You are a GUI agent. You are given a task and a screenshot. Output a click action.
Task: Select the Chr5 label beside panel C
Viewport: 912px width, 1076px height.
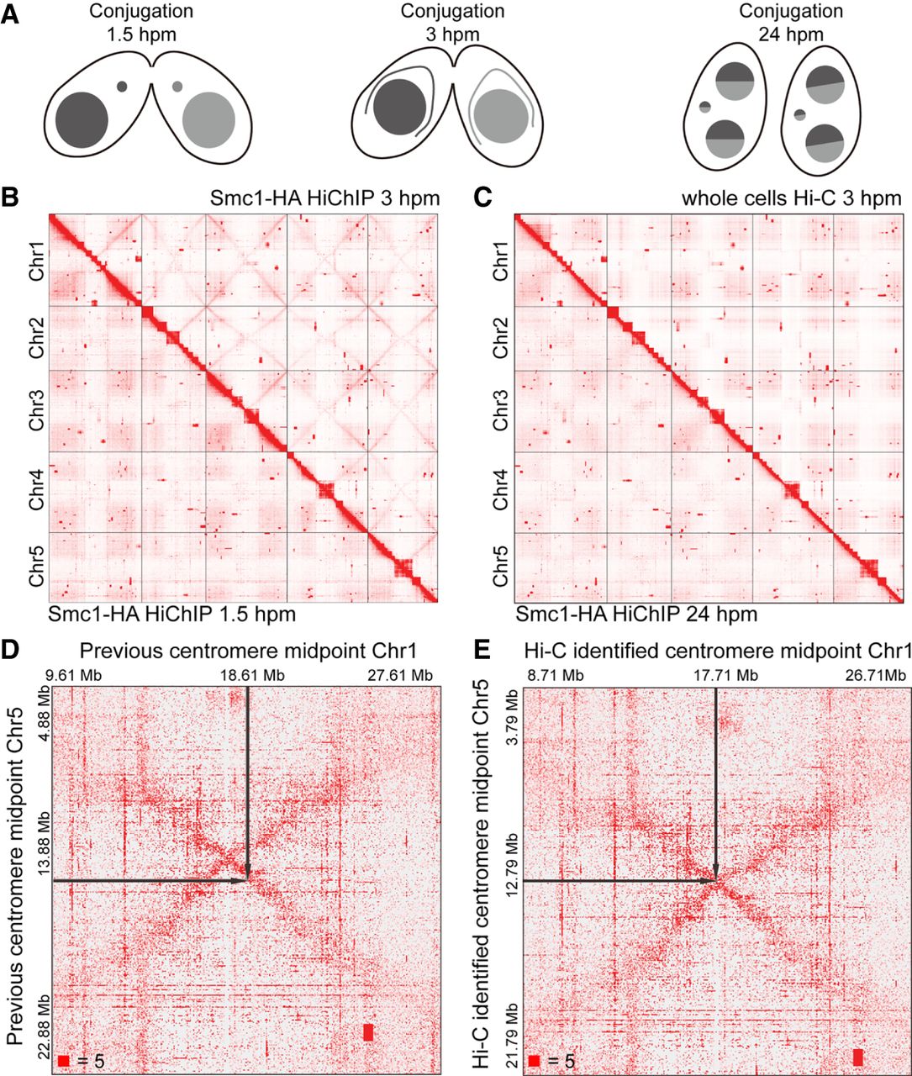coord(500,567)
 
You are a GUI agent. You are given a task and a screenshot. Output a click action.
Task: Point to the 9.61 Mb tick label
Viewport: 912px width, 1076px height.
coord(74,674)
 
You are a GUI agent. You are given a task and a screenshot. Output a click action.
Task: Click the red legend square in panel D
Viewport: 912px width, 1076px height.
coord(65,1062)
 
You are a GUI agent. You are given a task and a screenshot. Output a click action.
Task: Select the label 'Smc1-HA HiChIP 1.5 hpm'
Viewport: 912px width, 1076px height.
coord(172,614)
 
